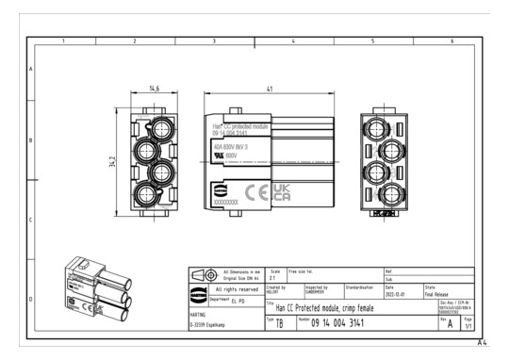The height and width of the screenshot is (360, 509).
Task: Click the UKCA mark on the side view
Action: coord(282,194)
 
